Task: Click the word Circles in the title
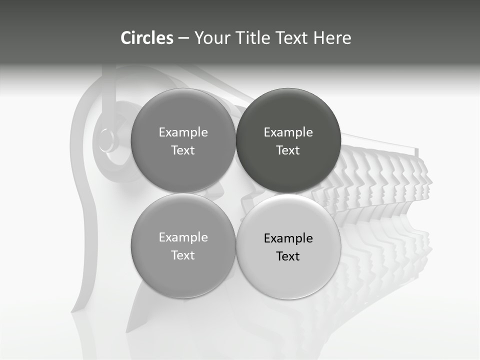(147, 38)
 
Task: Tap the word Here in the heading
(332, 38)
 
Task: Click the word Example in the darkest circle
(288, 132)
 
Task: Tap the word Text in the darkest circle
(288, 150)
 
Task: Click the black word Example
(288, 238)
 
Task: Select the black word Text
(288, 256)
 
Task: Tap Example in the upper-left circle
(183, 132)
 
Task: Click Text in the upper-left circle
(183, 150)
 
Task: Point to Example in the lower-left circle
(183, 237)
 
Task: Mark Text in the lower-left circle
(183, 255)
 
